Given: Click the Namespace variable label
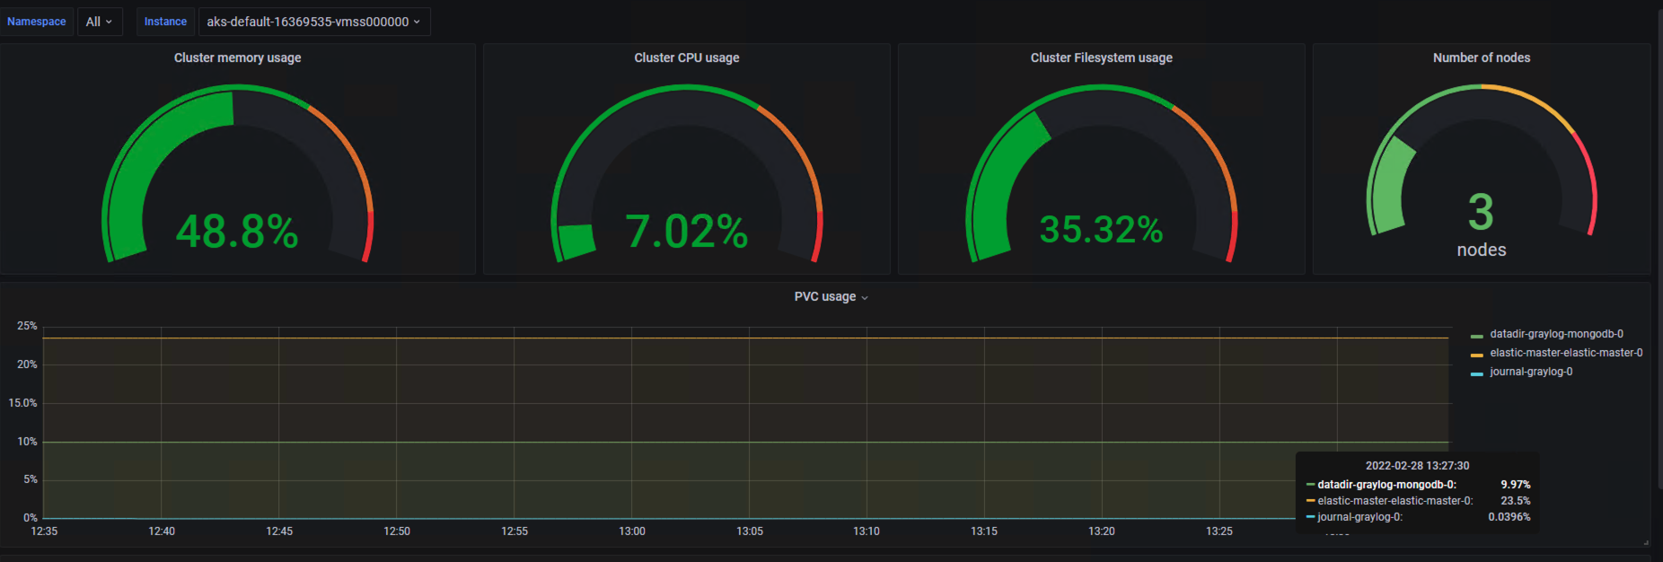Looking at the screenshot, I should [37, 22].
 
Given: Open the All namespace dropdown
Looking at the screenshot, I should [99, 22].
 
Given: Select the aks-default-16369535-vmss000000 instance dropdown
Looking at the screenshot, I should [313, 22].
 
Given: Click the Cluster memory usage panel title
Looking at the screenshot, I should [237, 57].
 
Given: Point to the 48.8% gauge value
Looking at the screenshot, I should [237, 232].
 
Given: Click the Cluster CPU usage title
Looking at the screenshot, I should [687, 57].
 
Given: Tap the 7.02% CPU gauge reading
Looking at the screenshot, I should [687, 232].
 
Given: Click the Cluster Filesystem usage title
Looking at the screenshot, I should [1101, 57].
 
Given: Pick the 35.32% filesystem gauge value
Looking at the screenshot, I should [1101, 230].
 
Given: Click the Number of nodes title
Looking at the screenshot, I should [1482, 57].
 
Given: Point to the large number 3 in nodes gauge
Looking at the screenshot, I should [1481, 213].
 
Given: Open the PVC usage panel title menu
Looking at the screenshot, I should [831, 297].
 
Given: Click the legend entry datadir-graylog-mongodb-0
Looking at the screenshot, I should [1556, 334].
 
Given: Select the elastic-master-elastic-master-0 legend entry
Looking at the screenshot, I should [1566, 353].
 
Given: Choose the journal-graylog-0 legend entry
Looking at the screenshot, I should [1531, 372].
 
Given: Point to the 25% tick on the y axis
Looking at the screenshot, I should [27, 326].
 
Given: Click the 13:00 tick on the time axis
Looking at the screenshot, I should [632, 531].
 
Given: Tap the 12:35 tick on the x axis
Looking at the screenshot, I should [44, 531].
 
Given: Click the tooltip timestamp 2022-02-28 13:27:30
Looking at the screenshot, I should [1417, 466].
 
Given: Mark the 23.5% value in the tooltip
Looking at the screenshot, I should [1515, 501].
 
